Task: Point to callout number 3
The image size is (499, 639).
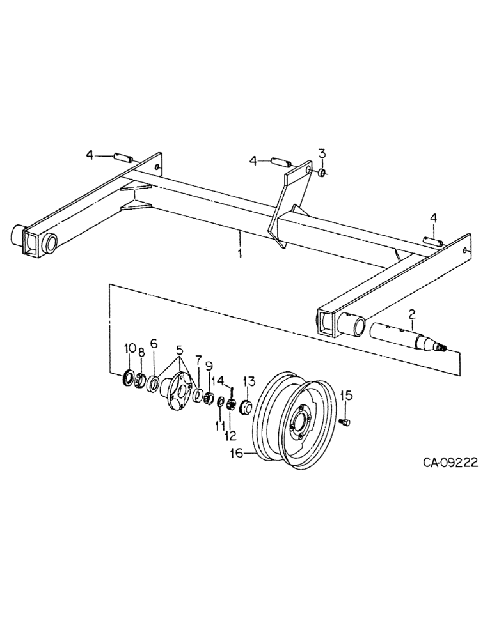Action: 322,153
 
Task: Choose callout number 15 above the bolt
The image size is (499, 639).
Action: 345,395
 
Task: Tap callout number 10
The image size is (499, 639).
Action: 130,348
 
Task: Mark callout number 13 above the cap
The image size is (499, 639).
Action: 248,381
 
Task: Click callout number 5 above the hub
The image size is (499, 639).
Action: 179,350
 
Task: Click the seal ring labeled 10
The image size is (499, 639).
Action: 129,378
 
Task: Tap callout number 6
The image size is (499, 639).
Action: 154,343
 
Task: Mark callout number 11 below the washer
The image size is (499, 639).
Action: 219,425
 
